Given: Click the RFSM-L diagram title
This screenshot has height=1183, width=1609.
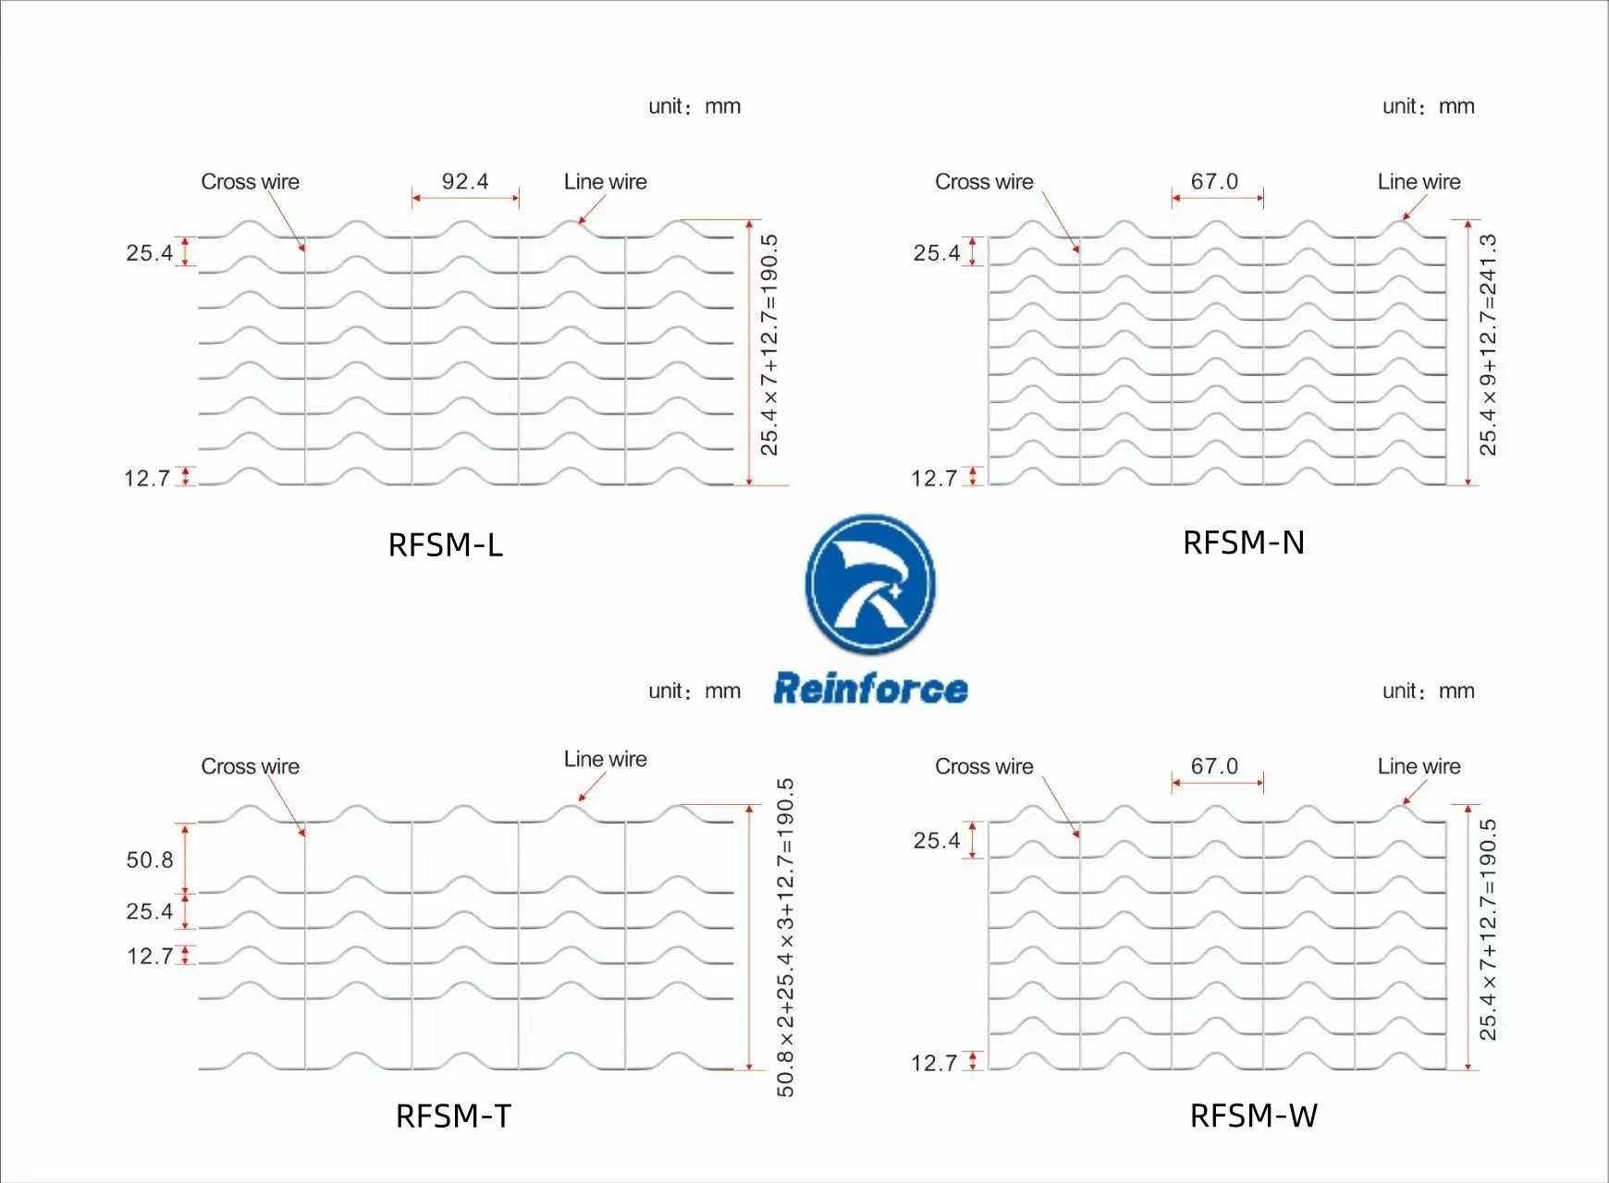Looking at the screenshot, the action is click(446, 545).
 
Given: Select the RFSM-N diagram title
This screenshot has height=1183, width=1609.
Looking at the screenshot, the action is click(1244, 543).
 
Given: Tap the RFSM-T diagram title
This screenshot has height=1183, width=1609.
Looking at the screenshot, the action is click(453, 1116).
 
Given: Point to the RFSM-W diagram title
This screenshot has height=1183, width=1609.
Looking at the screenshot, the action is click(1254, 1116).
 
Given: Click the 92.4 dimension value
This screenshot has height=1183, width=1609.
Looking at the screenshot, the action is click(465, 181).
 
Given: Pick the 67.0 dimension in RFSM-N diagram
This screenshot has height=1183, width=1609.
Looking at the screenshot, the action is click(1214, 181).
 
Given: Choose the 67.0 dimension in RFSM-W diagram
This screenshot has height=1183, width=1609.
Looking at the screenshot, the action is click(1214, 766).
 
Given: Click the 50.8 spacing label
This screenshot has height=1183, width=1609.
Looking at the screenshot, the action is click(150, 860).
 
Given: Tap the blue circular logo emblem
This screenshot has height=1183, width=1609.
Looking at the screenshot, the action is click(870, 584).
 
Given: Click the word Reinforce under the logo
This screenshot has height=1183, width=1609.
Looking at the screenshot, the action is click(870, 689).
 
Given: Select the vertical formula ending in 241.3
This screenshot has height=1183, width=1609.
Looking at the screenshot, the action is click(1488, 345).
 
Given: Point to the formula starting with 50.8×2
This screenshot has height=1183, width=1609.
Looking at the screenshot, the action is click(786, 937).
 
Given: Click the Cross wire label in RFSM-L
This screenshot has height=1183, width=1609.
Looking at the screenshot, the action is click(250, 182).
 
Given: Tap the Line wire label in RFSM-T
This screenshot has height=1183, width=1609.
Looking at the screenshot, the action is click(606, 759).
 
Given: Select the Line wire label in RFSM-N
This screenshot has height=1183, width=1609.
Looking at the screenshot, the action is click(1419, 182).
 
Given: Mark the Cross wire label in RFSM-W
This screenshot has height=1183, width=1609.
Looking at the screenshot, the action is click(984, 766).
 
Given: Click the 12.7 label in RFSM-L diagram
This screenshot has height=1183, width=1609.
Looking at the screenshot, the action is click(147, 479).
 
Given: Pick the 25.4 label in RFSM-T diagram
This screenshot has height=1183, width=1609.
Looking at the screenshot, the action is click(150, 912).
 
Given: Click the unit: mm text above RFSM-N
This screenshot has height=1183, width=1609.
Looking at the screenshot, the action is click(1429, 106).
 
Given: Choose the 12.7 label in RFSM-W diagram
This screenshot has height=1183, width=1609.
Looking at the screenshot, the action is click(934, 1064).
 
